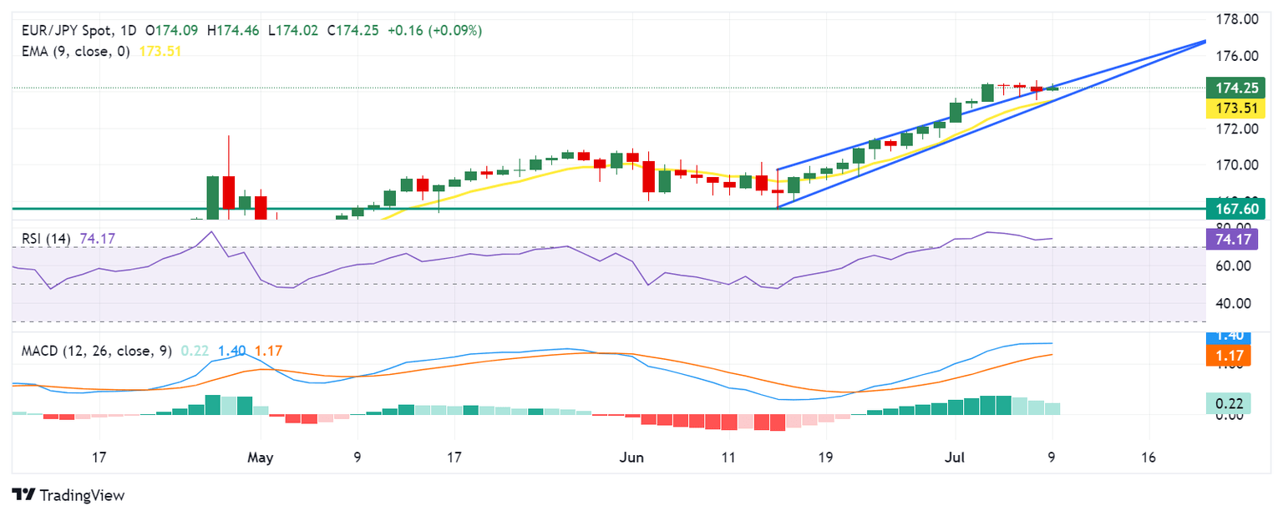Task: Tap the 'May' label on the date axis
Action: click(261, 458)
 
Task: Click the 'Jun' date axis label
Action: click(632, 458)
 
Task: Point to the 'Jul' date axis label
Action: click(955, 458)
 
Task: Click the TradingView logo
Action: click(68, 495)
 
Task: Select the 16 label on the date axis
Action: click(1149, 458)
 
